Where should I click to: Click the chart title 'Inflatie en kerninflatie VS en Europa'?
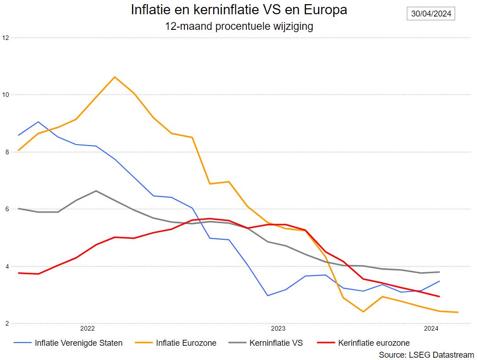click(239, 10)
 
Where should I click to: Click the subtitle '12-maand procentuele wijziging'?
click(239, 26)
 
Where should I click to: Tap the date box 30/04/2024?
click(431, 14)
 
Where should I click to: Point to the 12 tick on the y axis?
click(5, 38)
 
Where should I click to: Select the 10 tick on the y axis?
click(5, 95)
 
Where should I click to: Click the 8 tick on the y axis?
click(5, 152)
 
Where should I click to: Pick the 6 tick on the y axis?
click(5, 209)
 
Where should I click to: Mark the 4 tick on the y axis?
click(5, 266)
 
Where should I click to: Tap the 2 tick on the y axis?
click(5, 324)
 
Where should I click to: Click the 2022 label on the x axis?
click(87, 328)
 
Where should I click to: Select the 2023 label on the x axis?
click(278, 328)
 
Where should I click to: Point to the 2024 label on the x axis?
click(431, 328)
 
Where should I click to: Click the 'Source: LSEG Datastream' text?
click(426, 354)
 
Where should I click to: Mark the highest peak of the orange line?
click(114, 77)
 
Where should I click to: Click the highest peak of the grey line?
click(95, 191)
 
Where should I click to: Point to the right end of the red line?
click(439, 297)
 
